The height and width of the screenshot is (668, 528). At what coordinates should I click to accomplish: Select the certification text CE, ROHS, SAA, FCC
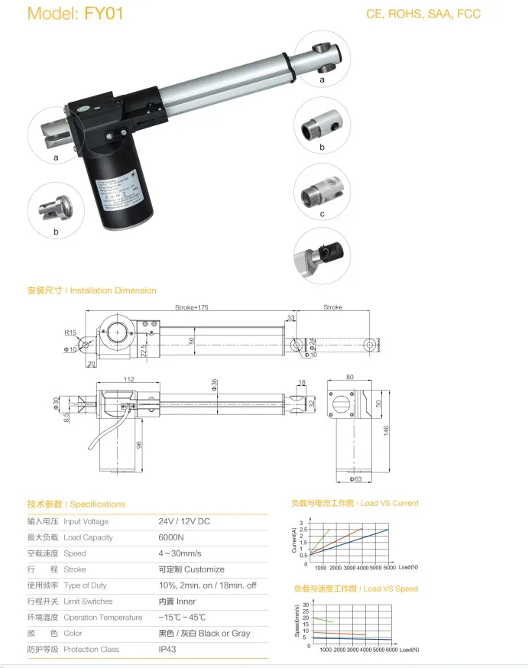[424, 14]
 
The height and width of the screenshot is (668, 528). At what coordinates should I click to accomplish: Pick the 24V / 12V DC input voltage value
[183, 521]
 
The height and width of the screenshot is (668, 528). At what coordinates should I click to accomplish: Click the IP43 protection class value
[167, 649]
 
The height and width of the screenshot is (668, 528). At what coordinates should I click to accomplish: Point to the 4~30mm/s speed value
[180, 553]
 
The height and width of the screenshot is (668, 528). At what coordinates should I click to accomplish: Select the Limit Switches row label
[88, 602]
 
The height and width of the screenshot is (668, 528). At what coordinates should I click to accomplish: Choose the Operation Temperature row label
[102, 618]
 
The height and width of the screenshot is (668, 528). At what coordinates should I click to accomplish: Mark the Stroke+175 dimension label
[192, 307]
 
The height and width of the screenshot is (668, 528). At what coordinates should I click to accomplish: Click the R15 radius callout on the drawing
[70, 332]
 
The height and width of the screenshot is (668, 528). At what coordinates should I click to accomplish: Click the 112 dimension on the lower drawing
[128, 380]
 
